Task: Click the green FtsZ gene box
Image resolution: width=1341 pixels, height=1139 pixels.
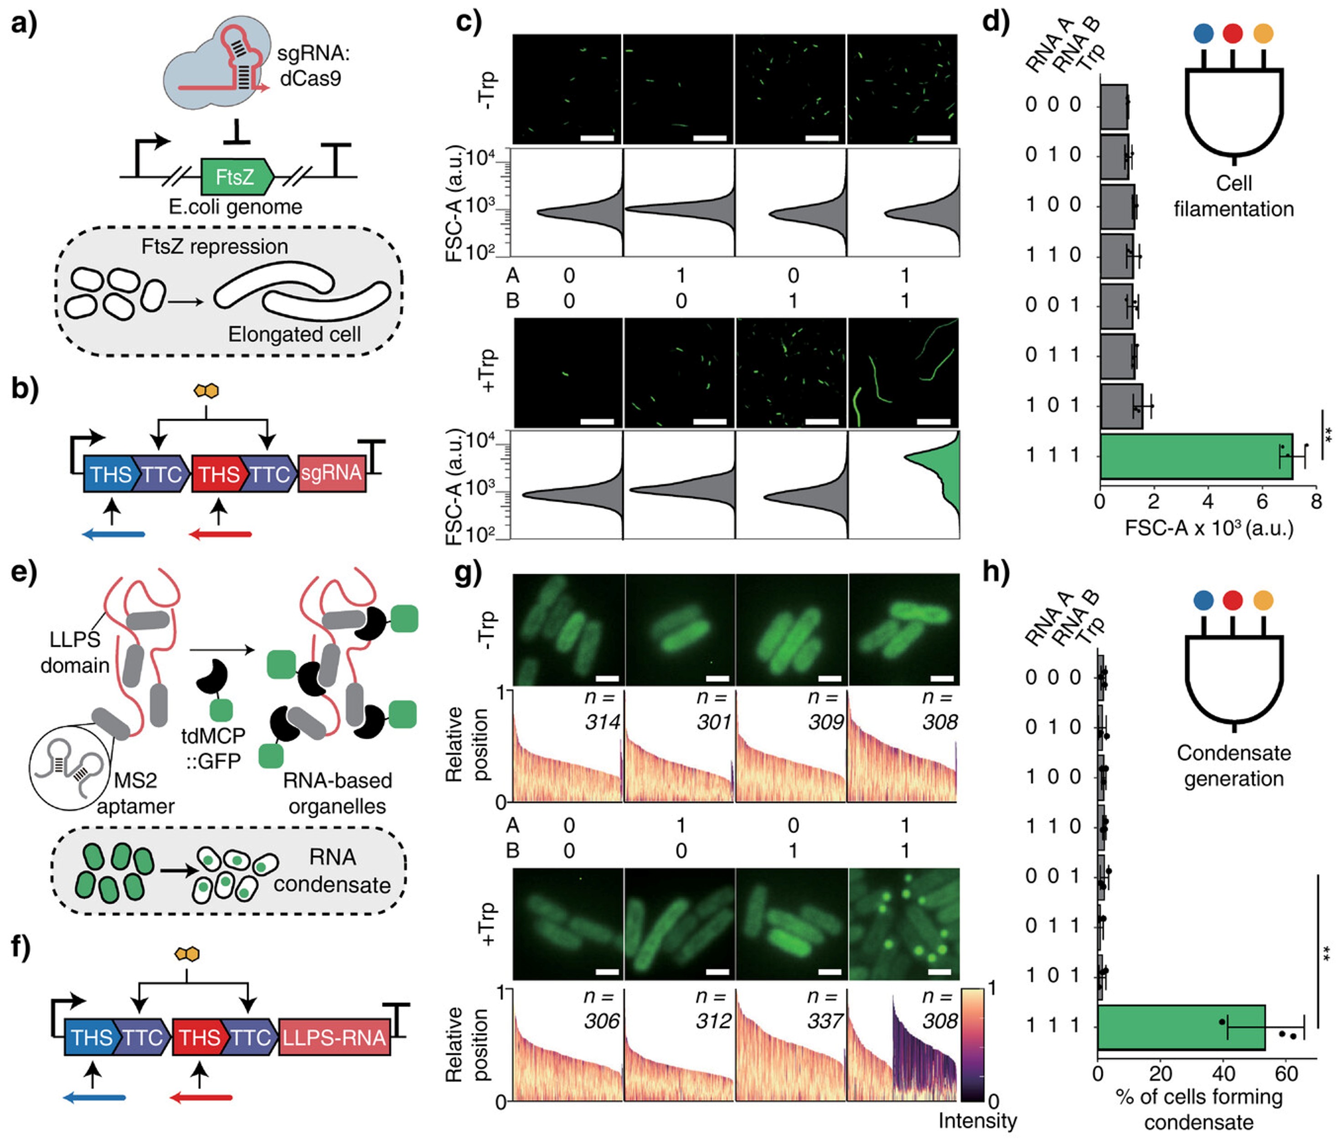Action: [237, 176]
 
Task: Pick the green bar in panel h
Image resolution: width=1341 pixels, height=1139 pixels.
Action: [1181, 1027]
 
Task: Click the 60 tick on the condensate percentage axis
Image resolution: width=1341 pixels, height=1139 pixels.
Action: [1286, 1074]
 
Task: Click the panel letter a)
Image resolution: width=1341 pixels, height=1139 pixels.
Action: [24, 24]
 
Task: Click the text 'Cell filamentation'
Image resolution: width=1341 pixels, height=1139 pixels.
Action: [1233, 196]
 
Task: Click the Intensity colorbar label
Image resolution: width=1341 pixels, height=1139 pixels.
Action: [977, 1121]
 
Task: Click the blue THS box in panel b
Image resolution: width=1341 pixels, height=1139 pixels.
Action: [109, 474]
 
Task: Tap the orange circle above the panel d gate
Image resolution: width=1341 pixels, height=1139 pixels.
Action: [1263, 33]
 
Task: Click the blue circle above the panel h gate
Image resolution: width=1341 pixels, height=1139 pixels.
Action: [1203, 600]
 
